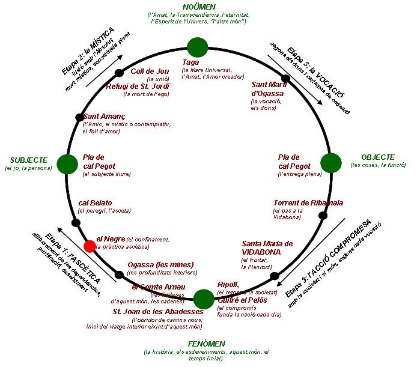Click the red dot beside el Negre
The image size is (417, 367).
[90, 245]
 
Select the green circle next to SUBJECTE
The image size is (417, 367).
[66, 163]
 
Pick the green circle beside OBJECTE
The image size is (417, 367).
[330, 163]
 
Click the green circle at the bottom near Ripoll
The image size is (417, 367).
[204, 298]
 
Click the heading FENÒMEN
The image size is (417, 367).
[204, 344]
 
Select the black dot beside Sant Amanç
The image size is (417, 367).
[79, 117]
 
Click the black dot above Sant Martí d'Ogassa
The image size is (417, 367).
[286, 79]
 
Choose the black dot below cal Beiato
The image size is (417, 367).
[76, 223]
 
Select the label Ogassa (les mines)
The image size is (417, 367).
[160, 264]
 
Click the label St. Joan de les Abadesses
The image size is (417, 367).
[158, 312]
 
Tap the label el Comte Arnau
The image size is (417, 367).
[158, 287]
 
